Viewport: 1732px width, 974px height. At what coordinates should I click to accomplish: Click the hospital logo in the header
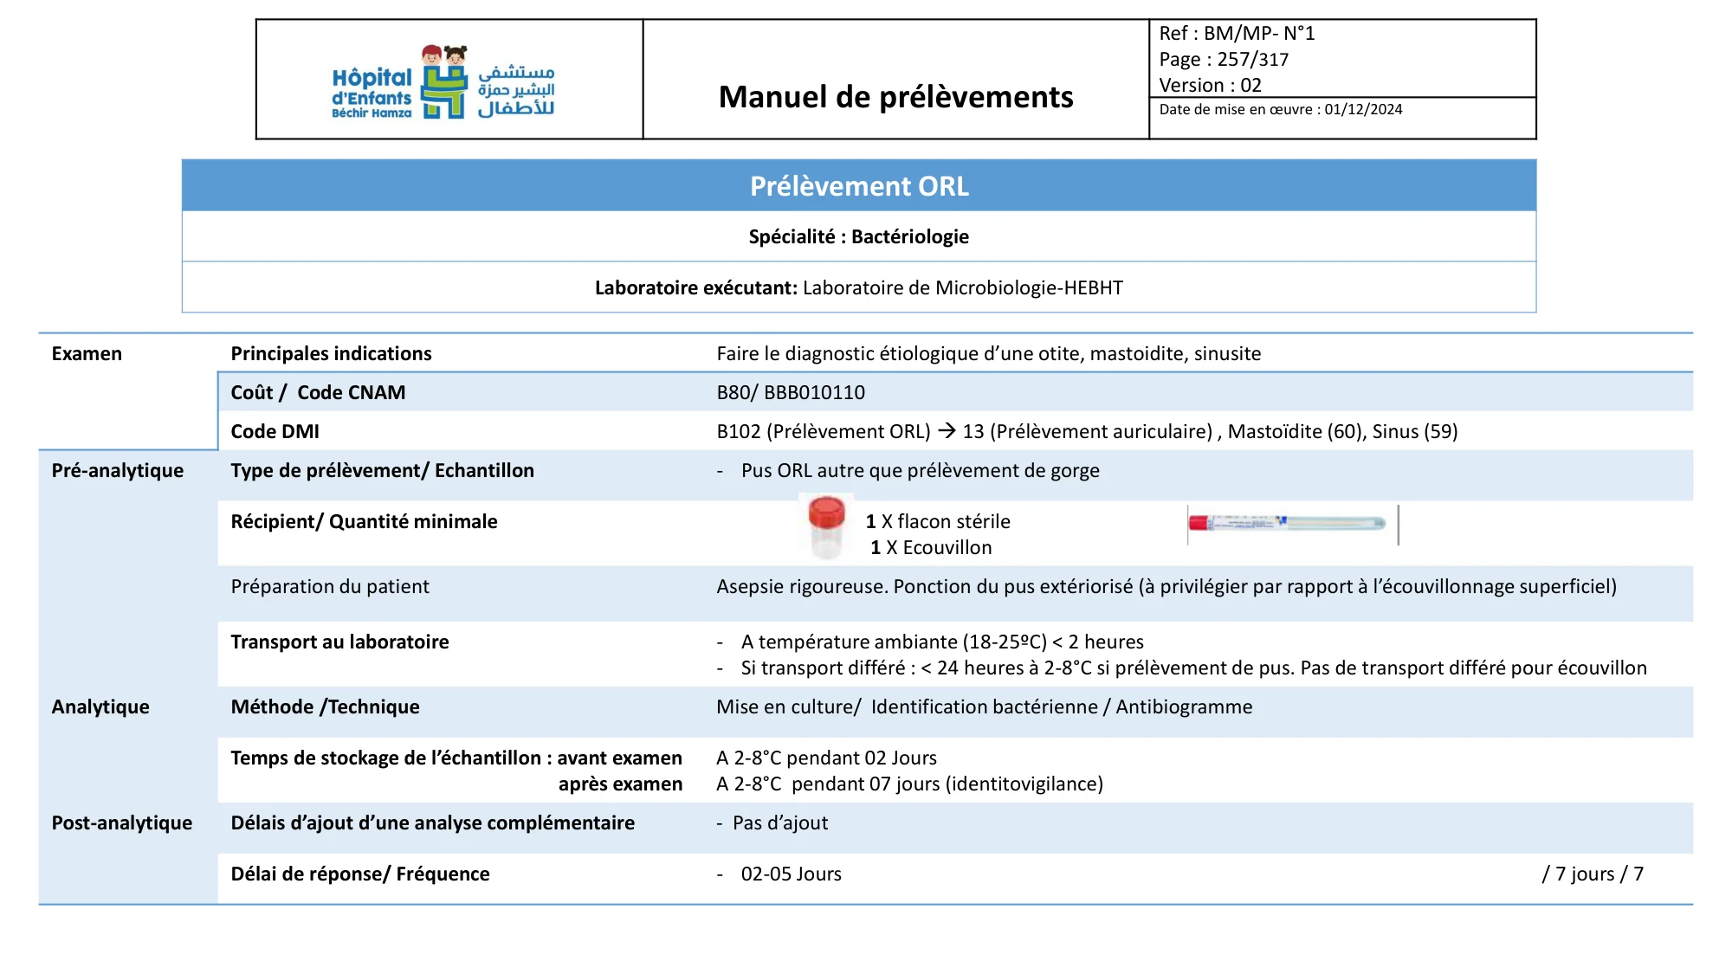[443, 82]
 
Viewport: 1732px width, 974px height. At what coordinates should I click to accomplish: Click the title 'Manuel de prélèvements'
[895, 97]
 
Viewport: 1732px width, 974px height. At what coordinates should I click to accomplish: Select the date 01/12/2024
[1363, 110]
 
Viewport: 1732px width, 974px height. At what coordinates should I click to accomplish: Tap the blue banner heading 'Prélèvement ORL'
[859, 186]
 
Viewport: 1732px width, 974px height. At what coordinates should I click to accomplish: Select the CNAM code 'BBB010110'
[814, 393]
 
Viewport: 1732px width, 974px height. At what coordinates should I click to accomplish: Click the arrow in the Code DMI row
[947, 431]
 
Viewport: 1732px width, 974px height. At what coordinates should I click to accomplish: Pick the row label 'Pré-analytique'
[118, 471]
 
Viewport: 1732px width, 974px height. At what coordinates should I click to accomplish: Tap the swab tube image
[1288, 524]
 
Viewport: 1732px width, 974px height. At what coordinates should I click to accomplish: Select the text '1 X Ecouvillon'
[931, 548]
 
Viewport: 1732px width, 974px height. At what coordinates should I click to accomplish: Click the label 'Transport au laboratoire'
[339, 642]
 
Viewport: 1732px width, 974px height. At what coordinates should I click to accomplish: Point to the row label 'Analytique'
[100, 707]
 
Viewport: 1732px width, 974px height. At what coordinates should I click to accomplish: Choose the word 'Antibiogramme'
[1183, 707]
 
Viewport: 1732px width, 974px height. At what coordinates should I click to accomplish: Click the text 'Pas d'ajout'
[779, 823]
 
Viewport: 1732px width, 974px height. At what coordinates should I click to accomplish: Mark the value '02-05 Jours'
[791, 874]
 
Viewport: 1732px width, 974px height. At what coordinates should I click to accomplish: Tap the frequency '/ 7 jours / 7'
[1592, 874]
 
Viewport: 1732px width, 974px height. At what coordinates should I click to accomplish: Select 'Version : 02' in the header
[1210, 86]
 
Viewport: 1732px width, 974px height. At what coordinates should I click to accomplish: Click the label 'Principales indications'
[331, 354]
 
